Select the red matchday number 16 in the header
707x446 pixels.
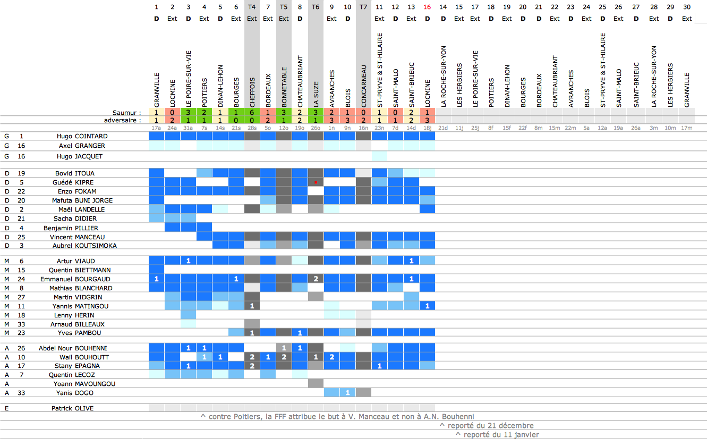427,7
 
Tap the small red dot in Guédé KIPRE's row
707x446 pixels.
316,182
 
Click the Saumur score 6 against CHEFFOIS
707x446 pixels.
252,113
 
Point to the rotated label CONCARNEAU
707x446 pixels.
364,86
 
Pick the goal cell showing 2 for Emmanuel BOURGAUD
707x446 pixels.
316,279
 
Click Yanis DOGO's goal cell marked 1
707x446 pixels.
347,393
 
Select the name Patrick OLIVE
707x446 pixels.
73,408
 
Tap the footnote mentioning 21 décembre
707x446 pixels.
487,425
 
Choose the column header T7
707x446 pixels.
363,7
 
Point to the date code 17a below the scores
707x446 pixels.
156,128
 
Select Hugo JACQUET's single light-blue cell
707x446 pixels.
379,156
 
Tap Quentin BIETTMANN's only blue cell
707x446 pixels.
156,270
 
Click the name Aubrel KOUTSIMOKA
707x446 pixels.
84,246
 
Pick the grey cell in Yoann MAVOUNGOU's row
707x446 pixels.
316,383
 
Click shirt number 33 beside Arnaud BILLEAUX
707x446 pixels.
21,324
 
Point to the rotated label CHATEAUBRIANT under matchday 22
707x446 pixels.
555,81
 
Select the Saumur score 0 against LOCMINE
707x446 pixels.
172,113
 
